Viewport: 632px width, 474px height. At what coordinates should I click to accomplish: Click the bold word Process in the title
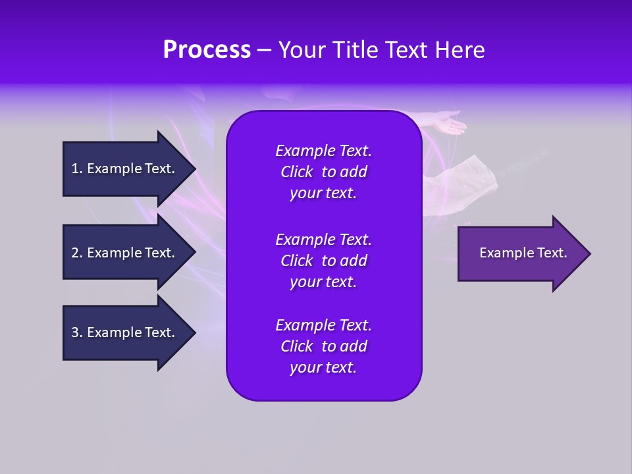coord(207,50)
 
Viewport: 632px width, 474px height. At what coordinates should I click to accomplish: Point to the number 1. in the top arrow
coord(77,169)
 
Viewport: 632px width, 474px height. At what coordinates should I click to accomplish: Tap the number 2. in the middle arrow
coord(77,253)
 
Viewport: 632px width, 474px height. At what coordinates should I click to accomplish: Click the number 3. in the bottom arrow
coord(77,332)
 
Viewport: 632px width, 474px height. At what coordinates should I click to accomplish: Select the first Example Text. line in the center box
coord(323,151)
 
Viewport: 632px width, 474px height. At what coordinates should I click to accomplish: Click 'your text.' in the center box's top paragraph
coord(323,193)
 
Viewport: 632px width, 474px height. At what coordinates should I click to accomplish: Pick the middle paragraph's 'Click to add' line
coord(323,261)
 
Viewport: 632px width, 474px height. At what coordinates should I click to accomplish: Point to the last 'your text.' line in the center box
coord(323,367)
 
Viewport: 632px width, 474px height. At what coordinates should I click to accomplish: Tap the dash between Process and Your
coord(264,50)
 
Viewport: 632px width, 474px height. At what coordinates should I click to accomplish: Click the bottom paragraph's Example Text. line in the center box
coord(323,325)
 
